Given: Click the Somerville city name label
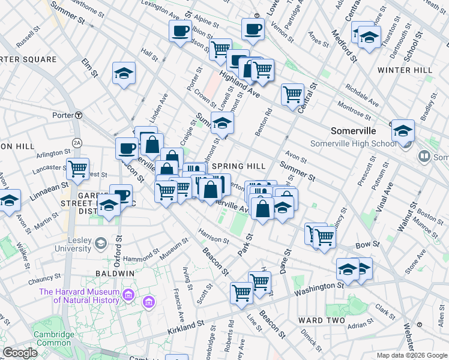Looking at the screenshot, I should (353, 131).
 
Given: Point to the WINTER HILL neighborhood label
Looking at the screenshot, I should (405, 70).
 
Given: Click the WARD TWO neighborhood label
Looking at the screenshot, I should (321, 320).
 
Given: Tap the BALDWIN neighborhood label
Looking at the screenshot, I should (114, 273).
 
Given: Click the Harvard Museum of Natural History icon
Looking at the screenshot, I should (128, 295).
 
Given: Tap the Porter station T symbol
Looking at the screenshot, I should (79, 115).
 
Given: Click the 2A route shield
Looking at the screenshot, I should (76, 142).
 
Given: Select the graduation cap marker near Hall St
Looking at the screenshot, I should (124, 74).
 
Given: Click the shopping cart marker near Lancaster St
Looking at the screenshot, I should (77, 170).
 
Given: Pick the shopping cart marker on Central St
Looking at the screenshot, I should (292, 94).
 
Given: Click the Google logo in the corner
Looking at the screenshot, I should (20, 353).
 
